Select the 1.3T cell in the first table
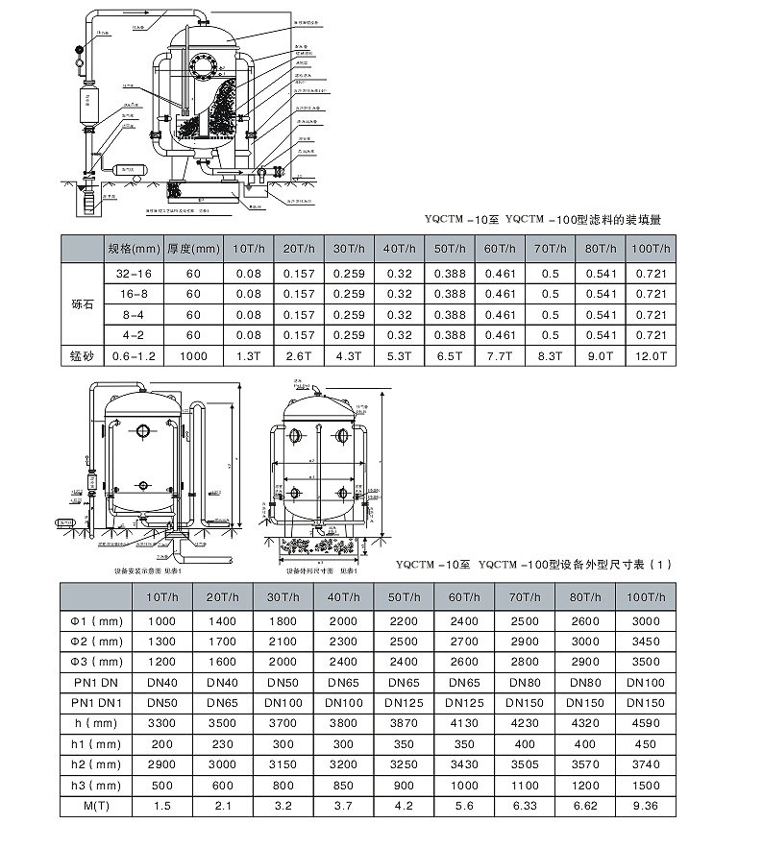248,355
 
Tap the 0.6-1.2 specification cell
132,355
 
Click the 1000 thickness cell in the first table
193,355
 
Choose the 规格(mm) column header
132,249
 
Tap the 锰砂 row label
81,355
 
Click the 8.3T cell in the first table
550,355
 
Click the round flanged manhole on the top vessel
202,69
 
